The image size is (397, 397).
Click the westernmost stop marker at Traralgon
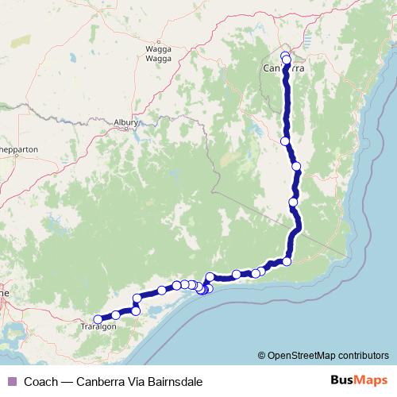98,319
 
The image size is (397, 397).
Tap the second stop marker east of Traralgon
136,310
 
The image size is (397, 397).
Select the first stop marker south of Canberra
285,141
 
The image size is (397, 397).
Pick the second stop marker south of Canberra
296,167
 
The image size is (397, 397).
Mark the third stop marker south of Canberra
293,202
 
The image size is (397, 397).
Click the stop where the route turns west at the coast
287,261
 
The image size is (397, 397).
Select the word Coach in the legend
40,382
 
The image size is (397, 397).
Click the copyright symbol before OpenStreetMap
262,355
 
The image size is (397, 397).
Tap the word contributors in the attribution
364,355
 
